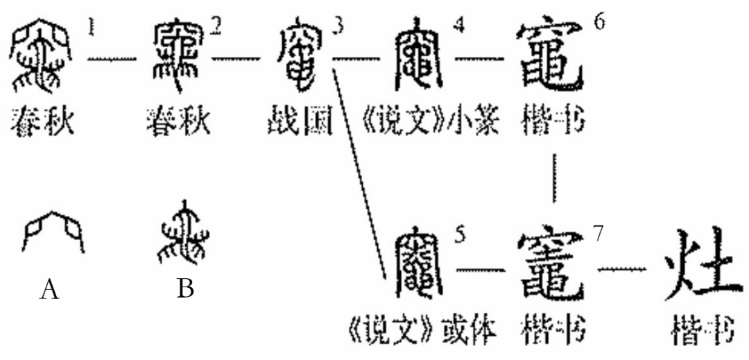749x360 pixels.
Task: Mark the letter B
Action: [x=184, y=288]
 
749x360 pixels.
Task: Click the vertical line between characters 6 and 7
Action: [x=553, y=178]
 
